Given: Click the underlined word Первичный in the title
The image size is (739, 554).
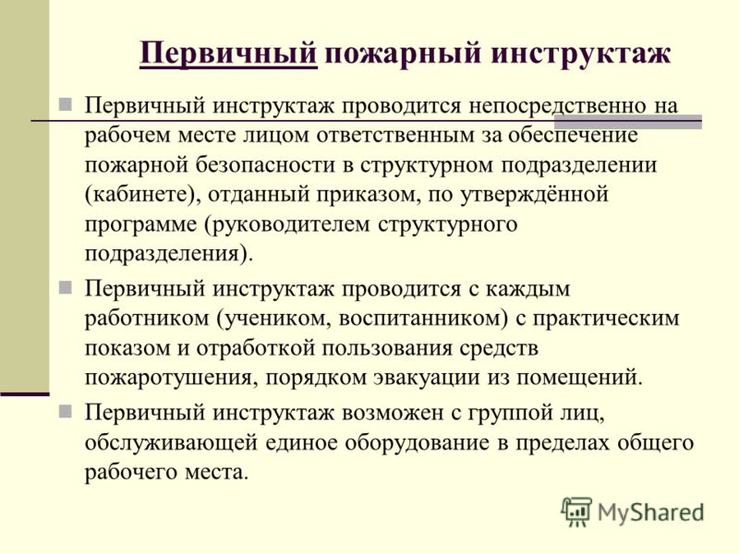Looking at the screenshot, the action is click(x=228, y=54).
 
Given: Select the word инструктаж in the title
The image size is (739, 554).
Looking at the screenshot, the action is click(x=581, y=54).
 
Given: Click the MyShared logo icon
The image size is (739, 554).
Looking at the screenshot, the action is click(x=576, y=512).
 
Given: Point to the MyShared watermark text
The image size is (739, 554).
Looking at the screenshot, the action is click(x=651, y=512).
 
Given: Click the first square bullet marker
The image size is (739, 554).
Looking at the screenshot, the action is click(x=65, y=104).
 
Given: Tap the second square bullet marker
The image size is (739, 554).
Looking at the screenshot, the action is click(x=65, y=287).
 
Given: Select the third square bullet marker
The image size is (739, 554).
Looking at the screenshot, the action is click(x=65, y=411).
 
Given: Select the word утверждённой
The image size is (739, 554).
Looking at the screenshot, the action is click(x=534, y=195).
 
